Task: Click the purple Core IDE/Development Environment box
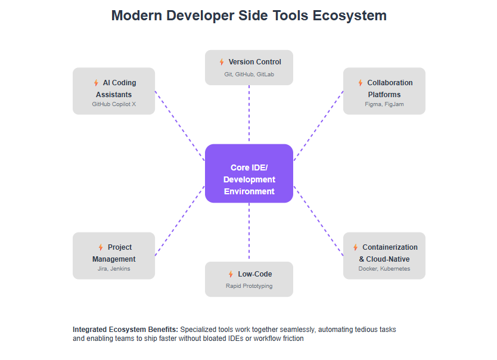(x=249, y=173)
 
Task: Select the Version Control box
(x=249, y=67)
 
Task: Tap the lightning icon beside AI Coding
(x=95, y=83)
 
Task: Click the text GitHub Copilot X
(x=114, y=104)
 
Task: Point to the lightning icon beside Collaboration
(x=360, y=83)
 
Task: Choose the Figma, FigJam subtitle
(x=384, y=104)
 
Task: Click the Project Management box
(x=114, y=256)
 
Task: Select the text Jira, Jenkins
(x=114, y=269)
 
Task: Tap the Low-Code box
(x=249, y=279)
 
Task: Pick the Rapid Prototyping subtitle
(x=249, y=286)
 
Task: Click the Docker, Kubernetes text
(x=384, y=269)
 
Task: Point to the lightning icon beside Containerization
(x=355, y=247)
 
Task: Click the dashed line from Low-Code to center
(x=249, y=232)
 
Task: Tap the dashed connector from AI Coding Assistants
(x=179, y=126)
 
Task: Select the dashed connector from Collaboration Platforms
(x=319, y=126)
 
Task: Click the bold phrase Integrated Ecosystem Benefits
(x=125, y=330)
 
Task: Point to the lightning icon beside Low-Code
(x=231, y=274)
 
